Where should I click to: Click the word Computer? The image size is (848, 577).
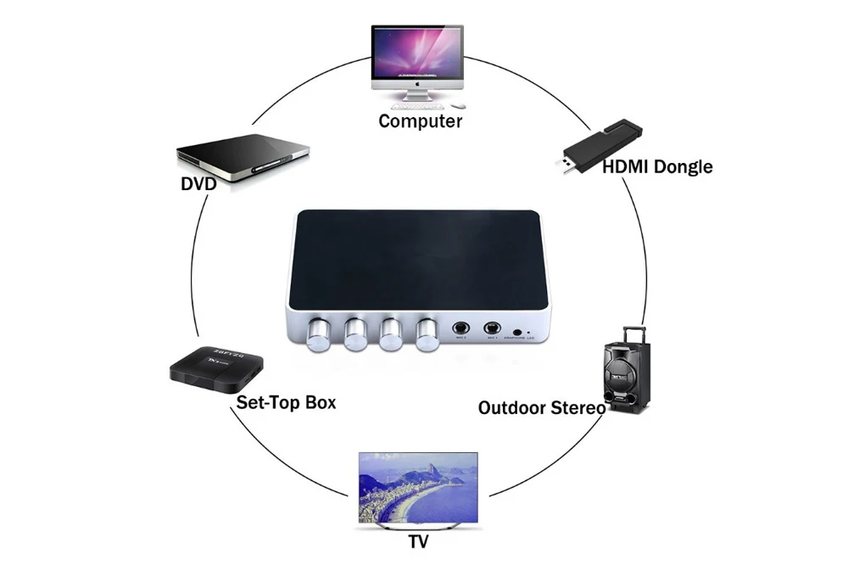click(x=420, y=120)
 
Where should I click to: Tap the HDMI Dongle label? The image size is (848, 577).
click(x=657, y=166)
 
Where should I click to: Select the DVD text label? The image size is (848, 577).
click(x=198, y=183)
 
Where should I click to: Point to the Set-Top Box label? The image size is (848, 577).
click(x=286, y=402)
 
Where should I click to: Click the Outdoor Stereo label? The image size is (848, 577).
click(x=541, y=407)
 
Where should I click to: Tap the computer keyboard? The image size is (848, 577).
click(x=416, y=105)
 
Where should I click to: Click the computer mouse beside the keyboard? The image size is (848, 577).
click(x=459, y=106)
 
